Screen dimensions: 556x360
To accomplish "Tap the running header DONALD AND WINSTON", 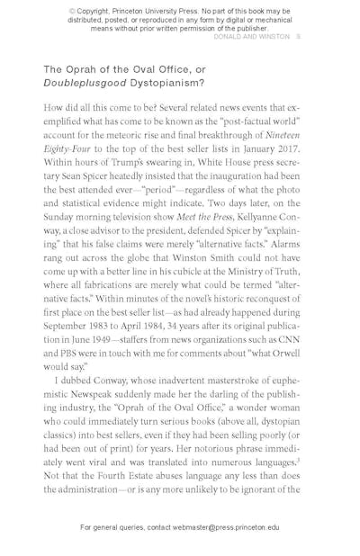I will pos(252,38).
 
